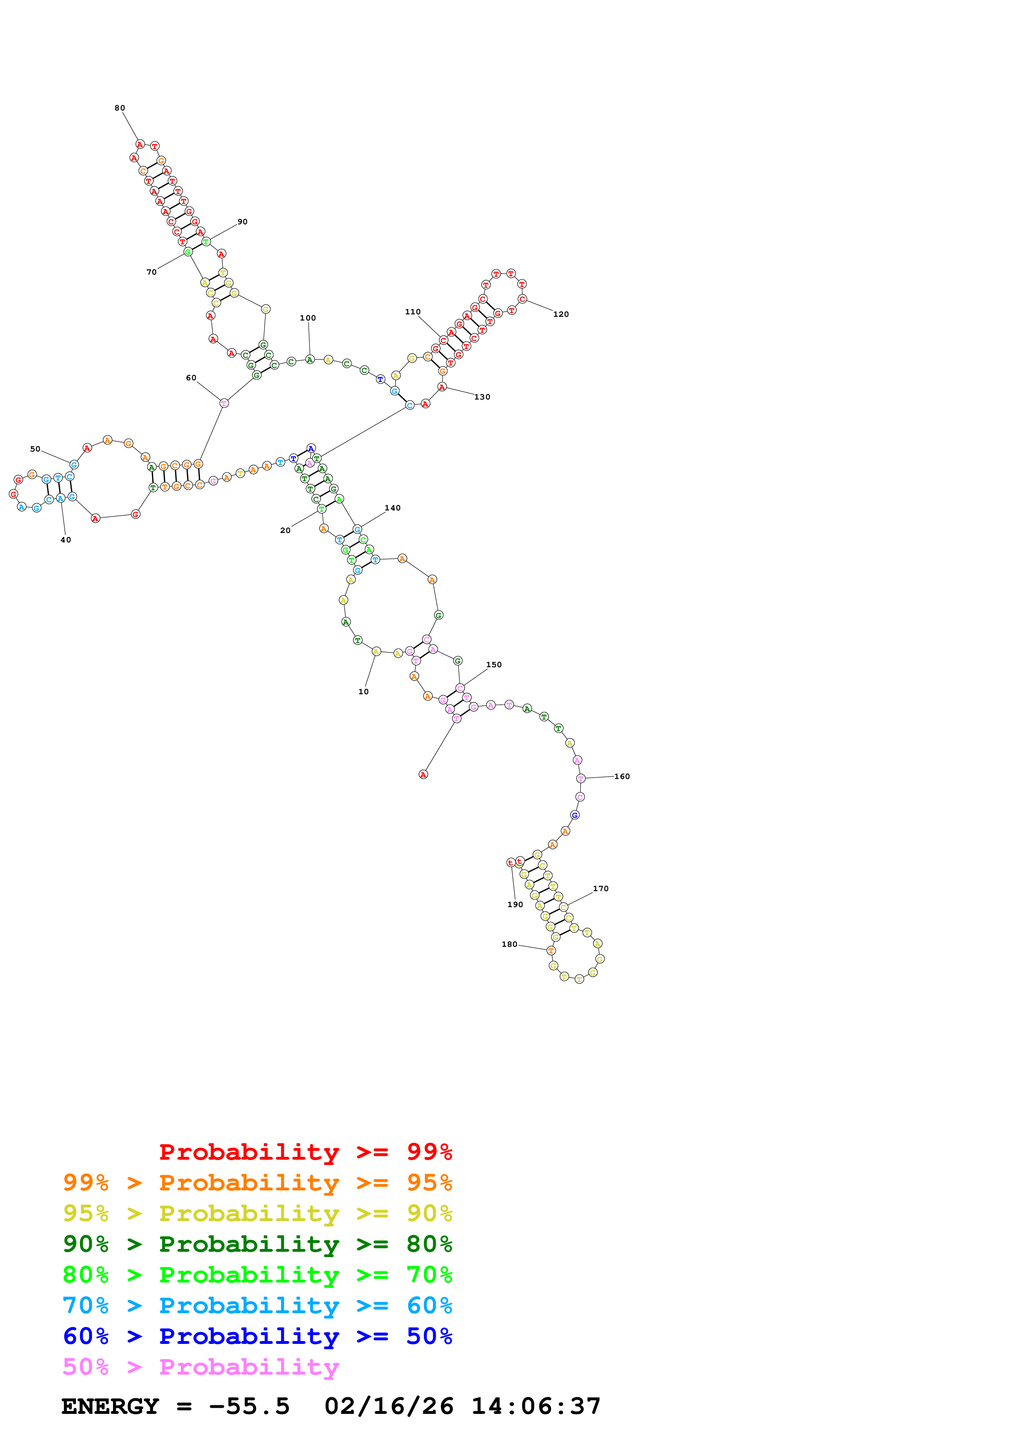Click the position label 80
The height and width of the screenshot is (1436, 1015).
[x=120, y=108]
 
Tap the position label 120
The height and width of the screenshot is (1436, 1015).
[x=561, y=314]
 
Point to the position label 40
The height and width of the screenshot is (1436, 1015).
[x=66, y=540]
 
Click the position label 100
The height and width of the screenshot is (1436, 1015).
[x=307, y=318]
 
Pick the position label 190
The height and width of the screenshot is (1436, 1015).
[x=515, y=904]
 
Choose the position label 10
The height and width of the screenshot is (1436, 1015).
[x=363, y=692]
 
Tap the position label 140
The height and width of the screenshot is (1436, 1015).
[x=392, y=508]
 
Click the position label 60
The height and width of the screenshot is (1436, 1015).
[x=191, y=378]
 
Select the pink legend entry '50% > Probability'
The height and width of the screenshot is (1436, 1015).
[x=201, y=1366]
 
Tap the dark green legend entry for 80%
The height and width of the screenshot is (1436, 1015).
[x=257, y=1244]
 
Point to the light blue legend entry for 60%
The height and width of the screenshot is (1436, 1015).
[x=257, y=1305]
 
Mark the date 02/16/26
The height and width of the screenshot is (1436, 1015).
[x=389, y=1407]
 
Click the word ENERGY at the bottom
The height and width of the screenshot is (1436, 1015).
[x=110, y=1407]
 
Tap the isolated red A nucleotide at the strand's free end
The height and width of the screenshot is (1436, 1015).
[x=423, y=775]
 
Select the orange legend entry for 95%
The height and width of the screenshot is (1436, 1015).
[x=257, y=1183]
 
